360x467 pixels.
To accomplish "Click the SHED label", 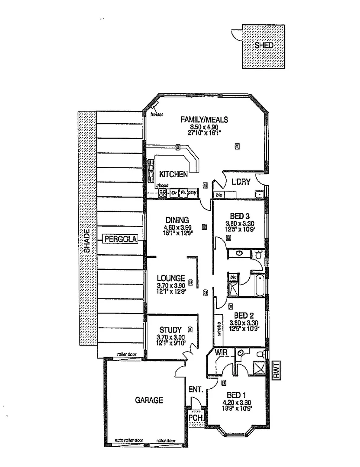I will click(x=264, y=45).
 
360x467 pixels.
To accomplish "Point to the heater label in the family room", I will click(x=157, y=115).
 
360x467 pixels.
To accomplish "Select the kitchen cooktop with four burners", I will click(x=163, y=193).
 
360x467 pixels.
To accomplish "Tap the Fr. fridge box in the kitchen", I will click(x=183, y=193).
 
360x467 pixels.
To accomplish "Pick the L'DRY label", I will click(x=241, y=182).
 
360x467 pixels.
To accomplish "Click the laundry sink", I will click(x=259, y=194).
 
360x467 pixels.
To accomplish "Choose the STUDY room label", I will click(x=170, y=330).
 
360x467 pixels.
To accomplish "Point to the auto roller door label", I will click(x=129, y=440).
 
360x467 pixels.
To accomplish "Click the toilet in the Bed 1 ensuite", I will click(x=260, y=354).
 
